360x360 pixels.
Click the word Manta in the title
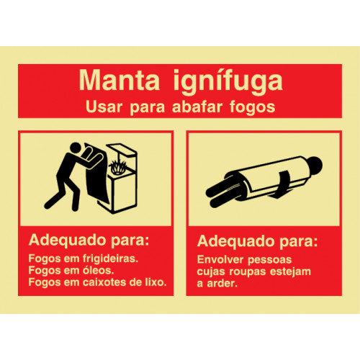[120, 80]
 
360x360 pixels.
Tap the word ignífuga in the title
[228, 81]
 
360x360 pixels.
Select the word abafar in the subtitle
[197, 107]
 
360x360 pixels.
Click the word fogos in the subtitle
[252, 108]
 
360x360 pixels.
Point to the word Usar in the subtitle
[104, 107]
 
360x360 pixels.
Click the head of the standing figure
[76, 148]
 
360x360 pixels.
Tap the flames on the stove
[117, 166]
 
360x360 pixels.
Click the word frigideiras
[110, 258]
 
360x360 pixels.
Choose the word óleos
[98, 270]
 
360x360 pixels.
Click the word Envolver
[220, 260]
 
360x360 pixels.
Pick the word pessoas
[270, 261]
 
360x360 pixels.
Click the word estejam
[290, 272]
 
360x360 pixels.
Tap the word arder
[222, 284]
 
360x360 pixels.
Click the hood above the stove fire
[122, 149]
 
